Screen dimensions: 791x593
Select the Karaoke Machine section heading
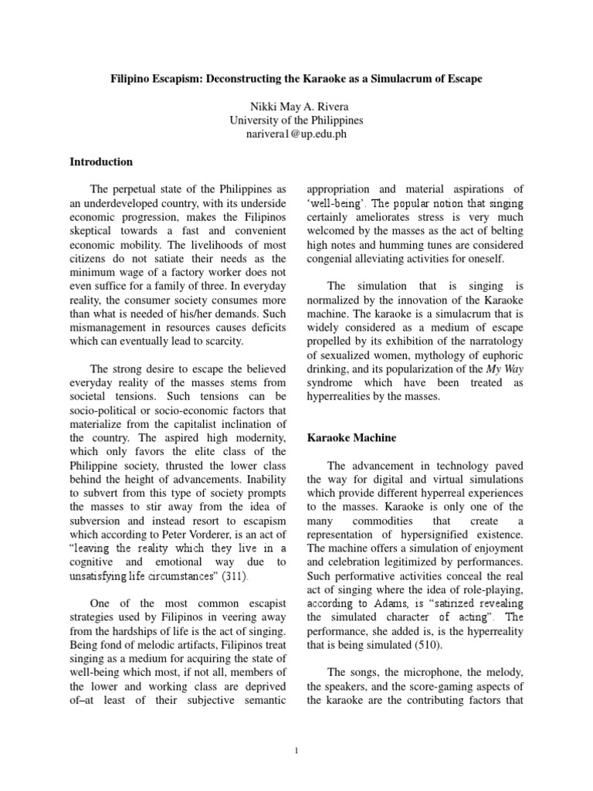351,438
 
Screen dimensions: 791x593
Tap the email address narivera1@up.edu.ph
296,134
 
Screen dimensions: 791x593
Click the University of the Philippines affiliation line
296,121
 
